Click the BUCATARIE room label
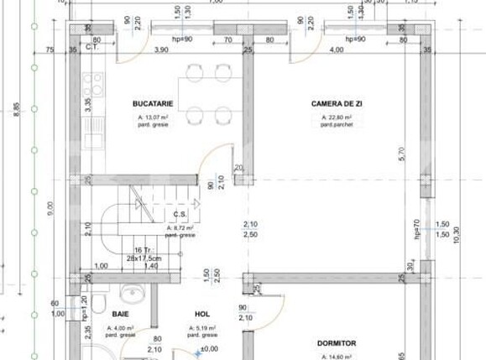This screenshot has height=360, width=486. pos(153,104)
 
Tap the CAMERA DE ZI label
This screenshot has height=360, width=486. pos(337,104)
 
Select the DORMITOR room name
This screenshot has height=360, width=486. pos(337,343)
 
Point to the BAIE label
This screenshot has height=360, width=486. pos(121,315)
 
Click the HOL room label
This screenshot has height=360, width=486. pos(202,315)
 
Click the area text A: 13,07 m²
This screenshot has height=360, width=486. pos(152,118)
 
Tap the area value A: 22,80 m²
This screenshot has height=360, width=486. pos(337,118)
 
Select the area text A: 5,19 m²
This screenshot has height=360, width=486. pos(203,328)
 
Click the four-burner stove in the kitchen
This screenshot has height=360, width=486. pos(93,84)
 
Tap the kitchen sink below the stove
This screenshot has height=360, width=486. pos(93,126)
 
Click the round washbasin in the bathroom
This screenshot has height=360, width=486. pos(132,293)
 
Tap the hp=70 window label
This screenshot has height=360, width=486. pos(416,228)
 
